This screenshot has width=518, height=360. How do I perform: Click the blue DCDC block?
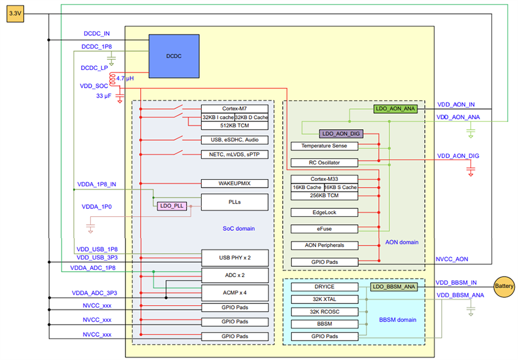(x=174, y=56)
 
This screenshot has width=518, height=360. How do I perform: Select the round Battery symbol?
(x=504, y=286)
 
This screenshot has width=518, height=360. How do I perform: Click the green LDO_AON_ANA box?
(x=395, y=108)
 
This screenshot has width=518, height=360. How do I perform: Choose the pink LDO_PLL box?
(x=172, y=206)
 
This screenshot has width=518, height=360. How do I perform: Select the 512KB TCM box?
(x=235, y=125)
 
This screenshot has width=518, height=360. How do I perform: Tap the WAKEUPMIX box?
(x=235, y=183)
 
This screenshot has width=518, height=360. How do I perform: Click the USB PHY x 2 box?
(x=235, y=258)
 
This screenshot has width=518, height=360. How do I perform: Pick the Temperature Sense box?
(x=324, y=146)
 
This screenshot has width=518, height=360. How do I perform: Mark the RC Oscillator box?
(x=324, y=163)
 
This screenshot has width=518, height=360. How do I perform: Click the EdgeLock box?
(x=324, y=213)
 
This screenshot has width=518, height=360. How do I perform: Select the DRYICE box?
(x=324, y=286)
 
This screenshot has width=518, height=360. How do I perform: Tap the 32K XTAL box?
(x=324, y=299)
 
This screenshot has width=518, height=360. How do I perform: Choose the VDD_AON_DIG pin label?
(x=458, y=156)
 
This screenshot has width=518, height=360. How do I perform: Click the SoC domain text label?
(x=238, y=228)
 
